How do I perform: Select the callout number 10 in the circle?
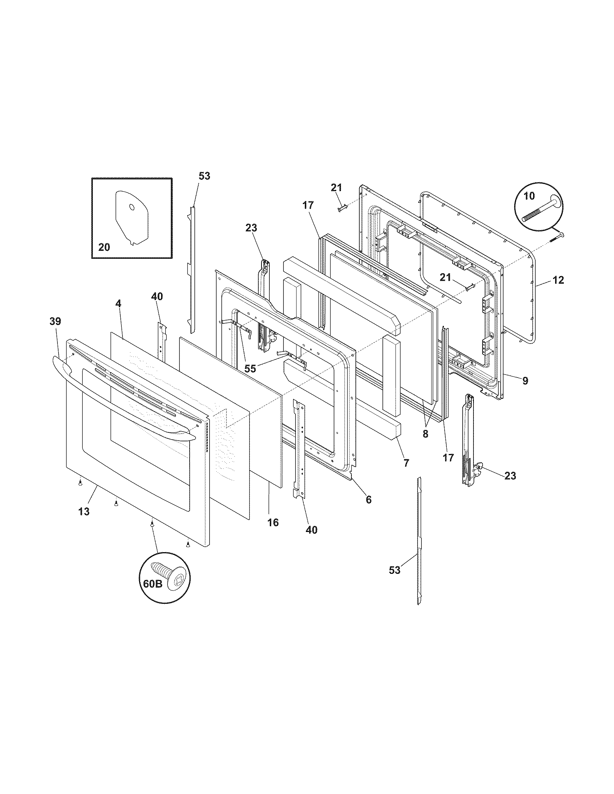529,196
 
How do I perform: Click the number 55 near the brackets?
250,368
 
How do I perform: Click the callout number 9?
525,381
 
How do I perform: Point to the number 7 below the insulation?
406,463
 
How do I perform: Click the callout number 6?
368,499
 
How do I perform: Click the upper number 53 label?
204,176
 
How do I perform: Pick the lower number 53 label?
394,570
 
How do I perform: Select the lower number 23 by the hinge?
510,476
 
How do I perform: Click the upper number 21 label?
336,188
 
